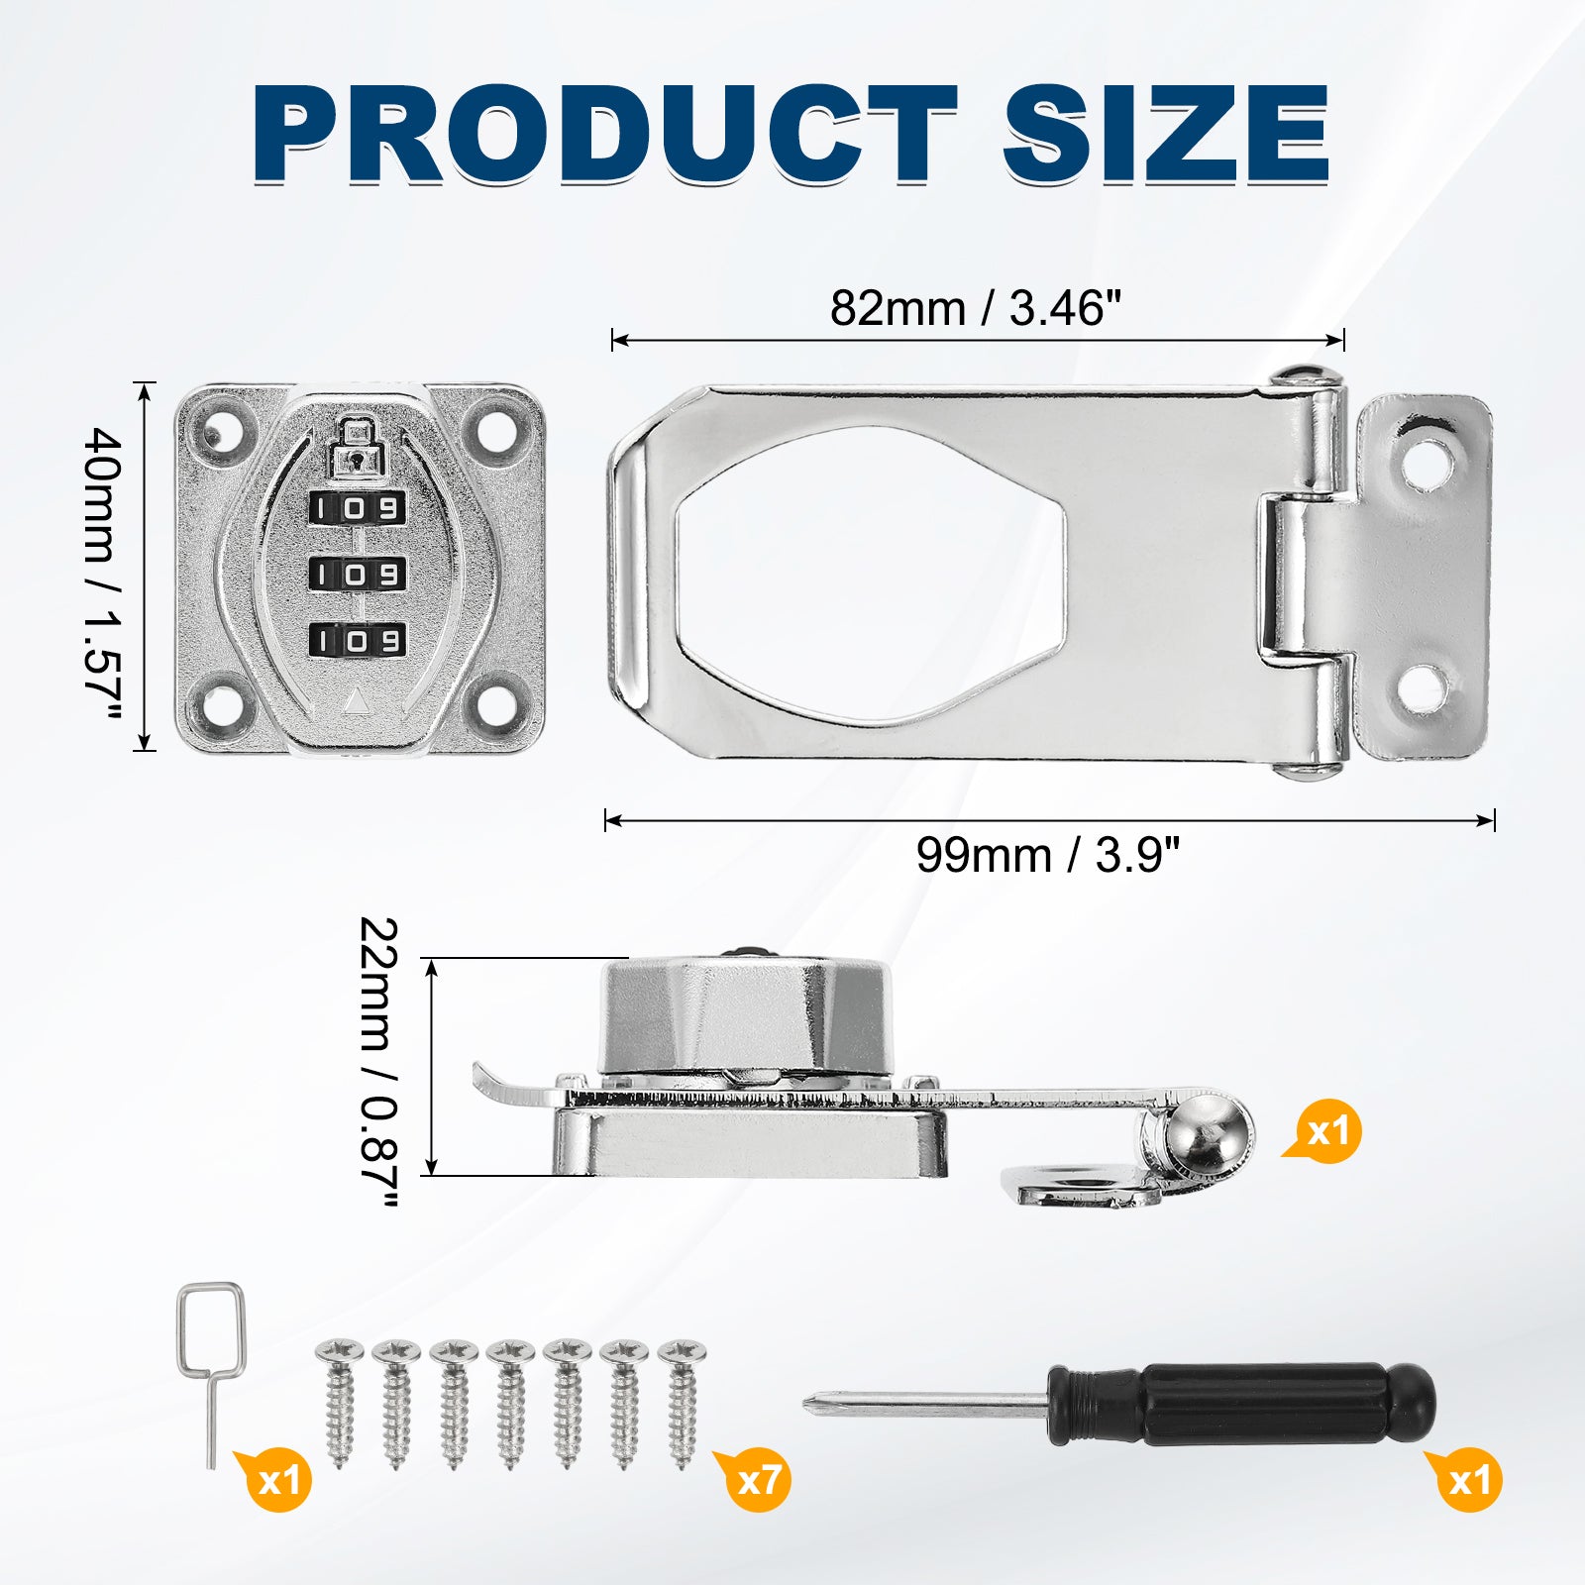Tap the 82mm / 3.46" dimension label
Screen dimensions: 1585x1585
pyautogui.click(x=975, y=308)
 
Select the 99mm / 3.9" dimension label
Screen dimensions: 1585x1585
pyautogui.click(x=1048, y=855)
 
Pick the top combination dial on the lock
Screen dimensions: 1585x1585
pyautogui.click(x=358, y=509)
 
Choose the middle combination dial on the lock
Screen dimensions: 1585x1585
pyautogui.click(x=358, y=575)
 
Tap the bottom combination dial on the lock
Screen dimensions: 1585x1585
pyautogui.click(x=358, y=640)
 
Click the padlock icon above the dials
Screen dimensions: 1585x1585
pyautogui.click(x=358, y=445)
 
